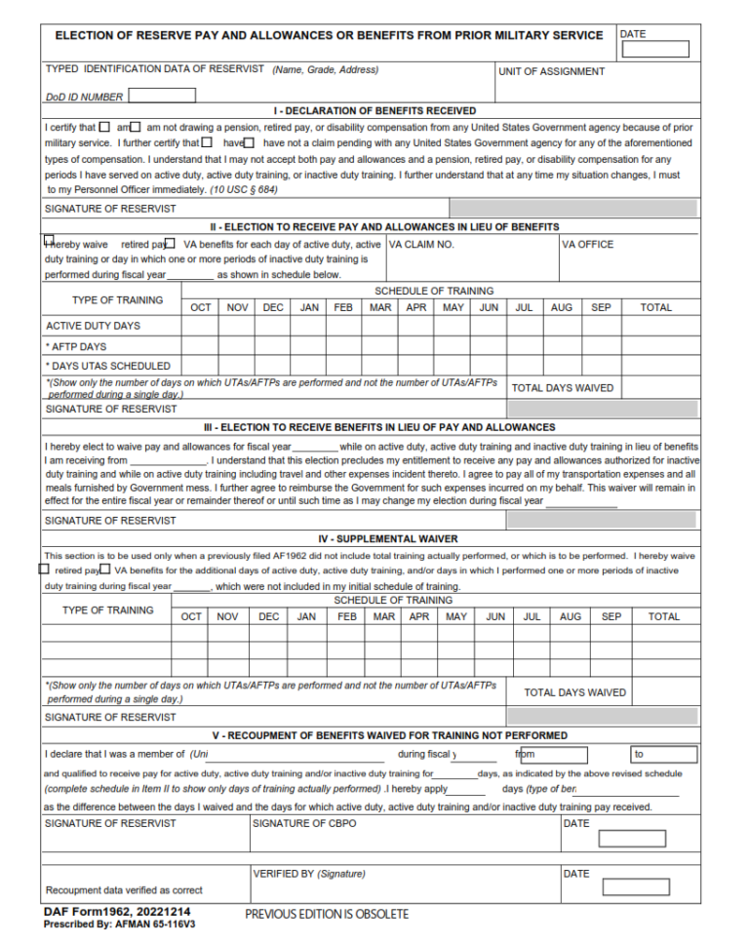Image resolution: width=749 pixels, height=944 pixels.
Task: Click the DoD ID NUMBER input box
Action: [162, 96]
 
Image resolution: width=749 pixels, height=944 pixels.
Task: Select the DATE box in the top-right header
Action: [654, 49]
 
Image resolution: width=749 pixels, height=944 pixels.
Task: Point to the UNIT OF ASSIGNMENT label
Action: [551, 71]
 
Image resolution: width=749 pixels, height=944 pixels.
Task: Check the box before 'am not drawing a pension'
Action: [136, 127]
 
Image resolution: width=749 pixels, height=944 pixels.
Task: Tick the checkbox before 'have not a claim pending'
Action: [249, 142]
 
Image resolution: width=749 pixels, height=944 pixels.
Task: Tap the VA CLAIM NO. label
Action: [421, 245]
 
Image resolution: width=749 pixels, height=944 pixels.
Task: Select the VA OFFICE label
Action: [588, 245]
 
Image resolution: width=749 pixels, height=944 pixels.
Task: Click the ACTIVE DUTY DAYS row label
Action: [93, 326]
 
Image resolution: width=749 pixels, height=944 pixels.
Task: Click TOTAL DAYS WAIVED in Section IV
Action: [574, 692]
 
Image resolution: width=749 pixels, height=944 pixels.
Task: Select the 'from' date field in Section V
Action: [554, 755]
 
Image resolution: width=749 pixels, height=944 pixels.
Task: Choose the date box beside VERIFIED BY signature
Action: [635, 887]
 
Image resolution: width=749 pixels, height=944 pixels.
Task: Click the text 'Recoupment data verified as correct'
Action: [124, 890]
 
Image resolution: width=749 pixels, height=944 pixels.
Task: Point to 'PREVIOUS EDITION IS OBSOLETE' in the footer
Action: [327, 915]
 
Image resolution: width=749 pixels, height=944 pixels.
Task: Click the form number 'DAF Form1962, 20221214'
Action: [116, 911]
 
